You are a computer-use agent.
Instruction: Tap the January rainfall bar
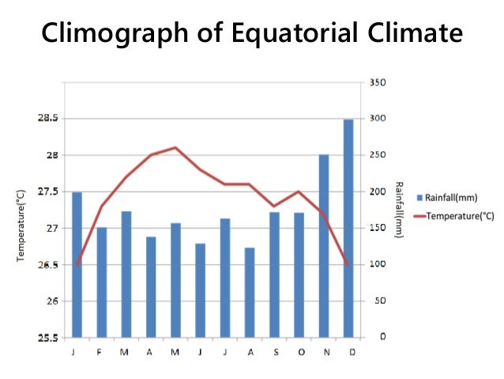click(77, 264)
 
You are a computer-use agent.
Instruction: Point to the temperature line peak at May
click(175, 147)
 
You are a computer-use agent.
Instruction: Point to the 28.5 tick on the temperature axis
click(47, 119)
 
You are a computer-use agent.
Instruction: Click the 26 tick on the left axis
click(51, 301)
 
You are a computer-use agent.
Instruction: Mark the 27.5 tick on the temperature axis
click(47, 191)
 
